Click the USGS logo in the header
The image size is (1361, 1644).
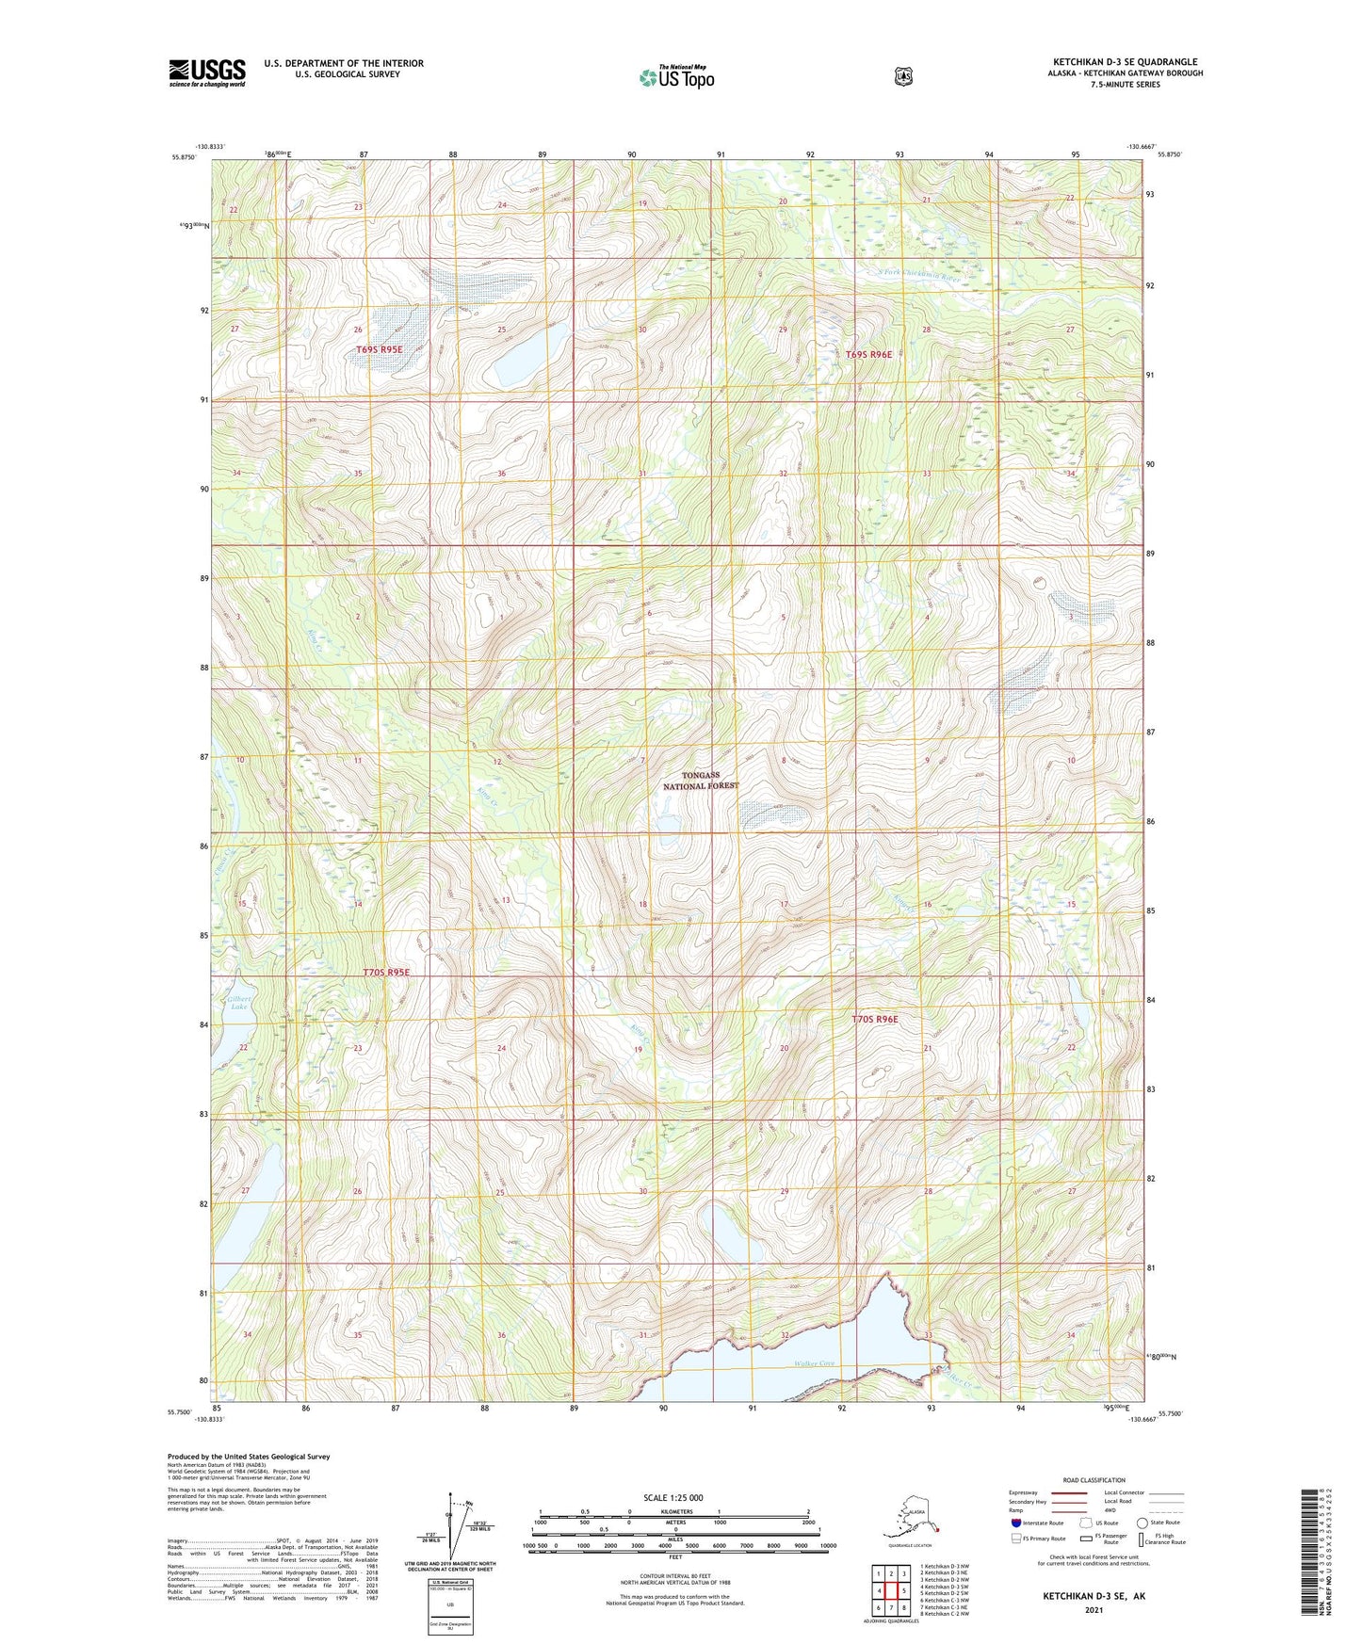[207, 73]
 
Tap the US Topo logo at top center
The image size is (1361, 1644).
[676, 77]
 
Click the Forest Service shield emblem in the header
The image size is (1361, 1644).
[903, 76]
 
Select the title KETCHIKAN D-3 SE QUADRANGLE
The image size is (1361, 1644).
[1126, 62]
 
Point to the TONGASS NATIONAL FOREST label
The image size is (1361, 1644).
[701, 781]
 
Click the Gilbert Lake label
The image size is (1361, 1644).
[237, 1002]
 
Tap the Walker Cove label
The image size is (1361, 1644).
[815, 1363]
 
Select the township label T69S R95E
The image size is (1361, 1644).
[380, 350]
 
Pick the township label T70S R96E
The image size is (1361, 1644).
[875, 1019]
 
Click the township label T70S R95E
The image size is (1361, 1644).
[386, 972]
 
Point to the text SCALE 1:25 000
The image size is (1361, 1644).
[672, 1497]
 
